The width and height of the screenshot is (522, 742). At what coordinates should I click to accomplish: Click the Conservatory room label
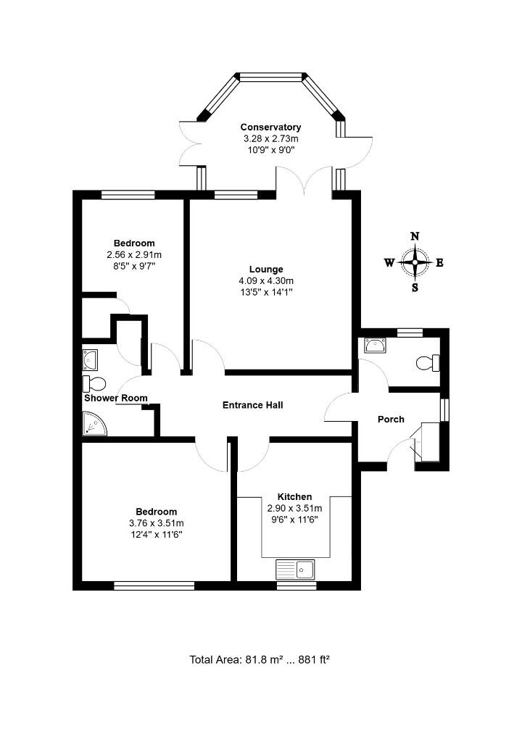tap(270, 128)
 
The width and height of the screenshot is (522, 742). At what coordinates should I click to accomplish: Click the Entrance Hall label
tap(252, 405)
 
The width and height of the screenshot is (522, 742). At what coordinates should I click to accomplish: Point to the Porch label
tap(391, 420)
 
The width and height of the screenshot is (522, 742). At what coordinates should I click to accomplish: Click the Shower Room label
tap(116, 398)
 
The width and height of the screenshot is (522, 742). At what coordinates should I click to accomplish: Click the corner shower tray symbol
tap(94, 424)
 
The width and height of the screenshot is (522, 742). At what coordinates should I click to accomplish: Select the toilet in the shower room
tap(94, 382)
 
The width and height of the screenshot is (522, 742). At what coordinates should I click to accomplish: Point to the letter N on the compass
tap(415, 236)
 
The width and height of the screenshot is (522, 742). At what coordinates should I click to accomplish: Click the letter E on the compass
tap(439, 262)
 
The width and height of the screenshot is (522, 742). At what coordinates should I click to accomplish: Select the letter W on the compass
tap(389, 262)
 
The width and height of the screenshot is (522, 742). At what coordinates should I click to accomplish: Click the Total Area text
tap(260, 659)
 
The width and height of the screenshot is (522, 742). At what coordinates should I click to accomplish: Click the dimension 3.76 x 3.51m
tap(156, 523)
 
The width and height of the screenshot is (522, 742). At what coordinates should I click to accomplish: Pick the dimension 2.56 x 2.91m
tap(134, 254)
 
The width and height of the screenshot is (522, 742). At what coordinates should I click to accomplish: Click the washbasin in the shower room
tap(92, 359)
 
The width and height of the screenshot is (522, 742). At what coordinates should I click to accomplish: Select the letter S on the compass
tap(415, 287)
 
